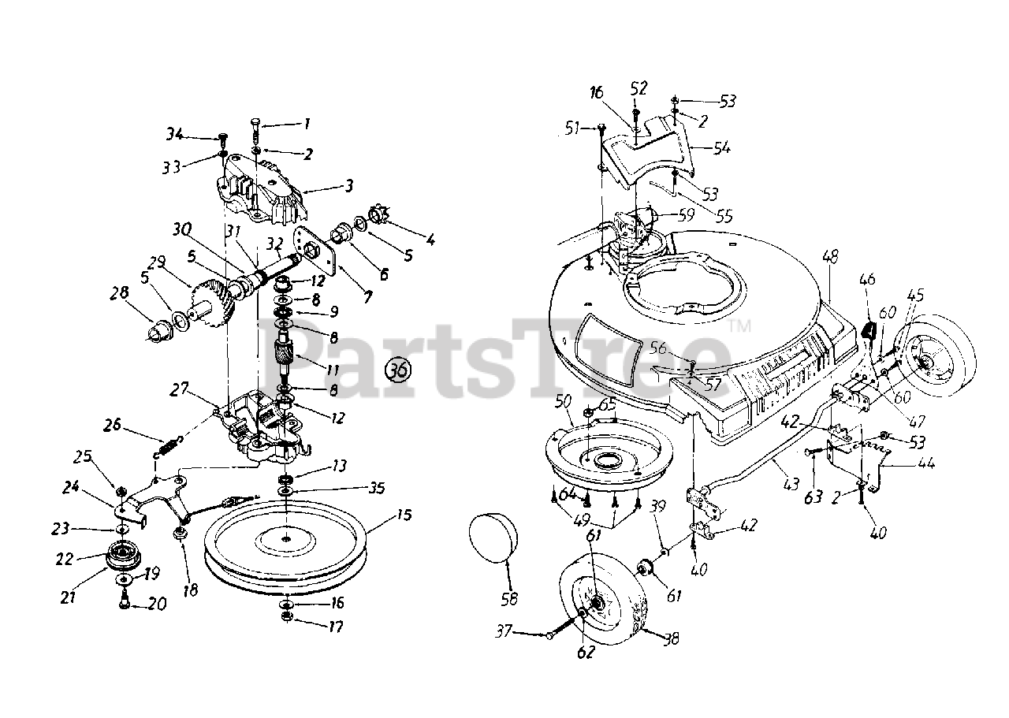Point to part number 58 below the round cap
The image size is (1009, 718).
(509, 599)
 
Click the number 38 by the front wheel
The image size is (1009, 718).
(671, 641)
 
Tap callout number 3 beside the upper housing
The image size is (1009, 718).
(348, 186)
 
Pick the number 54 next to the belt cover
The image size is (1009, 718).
(721, 148)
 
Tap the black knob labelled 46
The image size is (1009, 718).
(869, 330)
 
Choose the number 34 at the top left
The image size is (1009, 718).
(175, 135)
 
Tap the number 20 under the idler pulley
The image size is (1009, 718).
(158, 605)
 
